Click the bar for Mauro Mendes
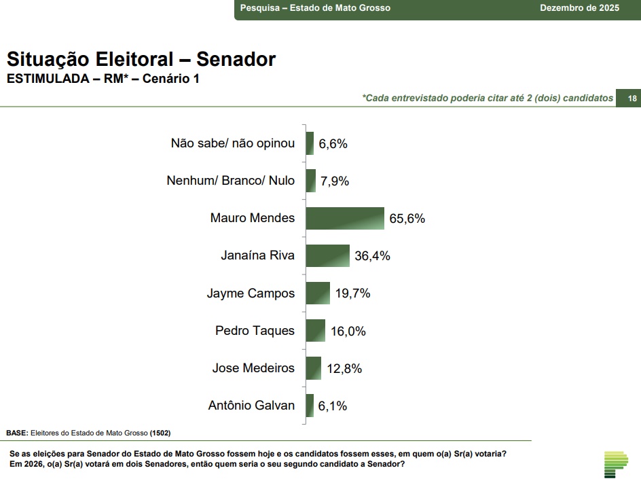pyautogui.click(x=345, y=218)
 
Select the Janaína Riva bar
pyautogui.click(x=328, y=255)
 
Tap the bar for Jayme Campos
pyautogui.click(x=318, y=293)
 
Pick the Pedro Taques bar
pyautogui.click(x=316, y=330)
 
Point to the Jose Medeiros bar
pyautogui.click(x=314, y=368)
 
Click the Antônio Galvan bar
pyautogui.click(x=310, y=405)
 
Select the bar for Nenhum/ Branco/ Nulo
pyautogui.click(x=311, y=181)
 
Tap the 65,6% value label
pyautogui.click(x=407, y=219)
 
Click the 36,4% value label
pyautogui.click(x=372, y=256)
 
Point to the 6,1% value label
pyautogui.click(x=333, y=406)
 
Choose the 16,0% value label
pyautogui.click(x=348, y=331)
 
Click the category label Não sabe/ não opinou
pyautogui.click(x=233, y=143)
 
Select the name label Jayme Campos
pyautogui.click(x=251, y=293)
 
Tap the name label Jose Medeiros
pyautogui.click(x=253, y=368)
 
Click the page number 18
pyautogui.click(x=631, y=99)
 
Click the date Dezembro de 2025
pyautogui.click(x=579, y=8)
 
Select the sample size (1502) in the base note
pyautogui.click(x=160, y=433)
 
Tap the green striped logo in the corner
pyautogui.click(x=616, y=463)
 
